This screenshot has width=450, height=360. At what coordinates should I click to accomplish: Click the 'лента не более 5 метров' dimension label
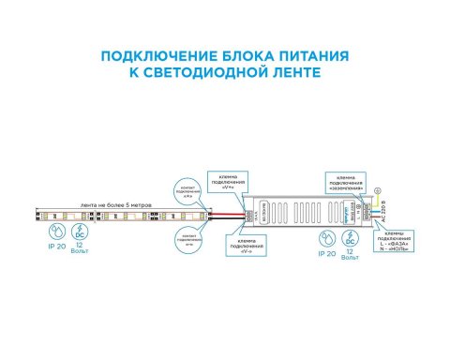click(89, 204)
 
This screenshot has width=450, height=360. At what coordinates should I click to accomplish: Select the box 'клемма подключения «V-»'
click(245, 247)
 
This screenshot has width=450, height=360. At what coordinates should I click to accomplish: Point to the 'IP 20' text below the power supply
click(327, 252)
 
